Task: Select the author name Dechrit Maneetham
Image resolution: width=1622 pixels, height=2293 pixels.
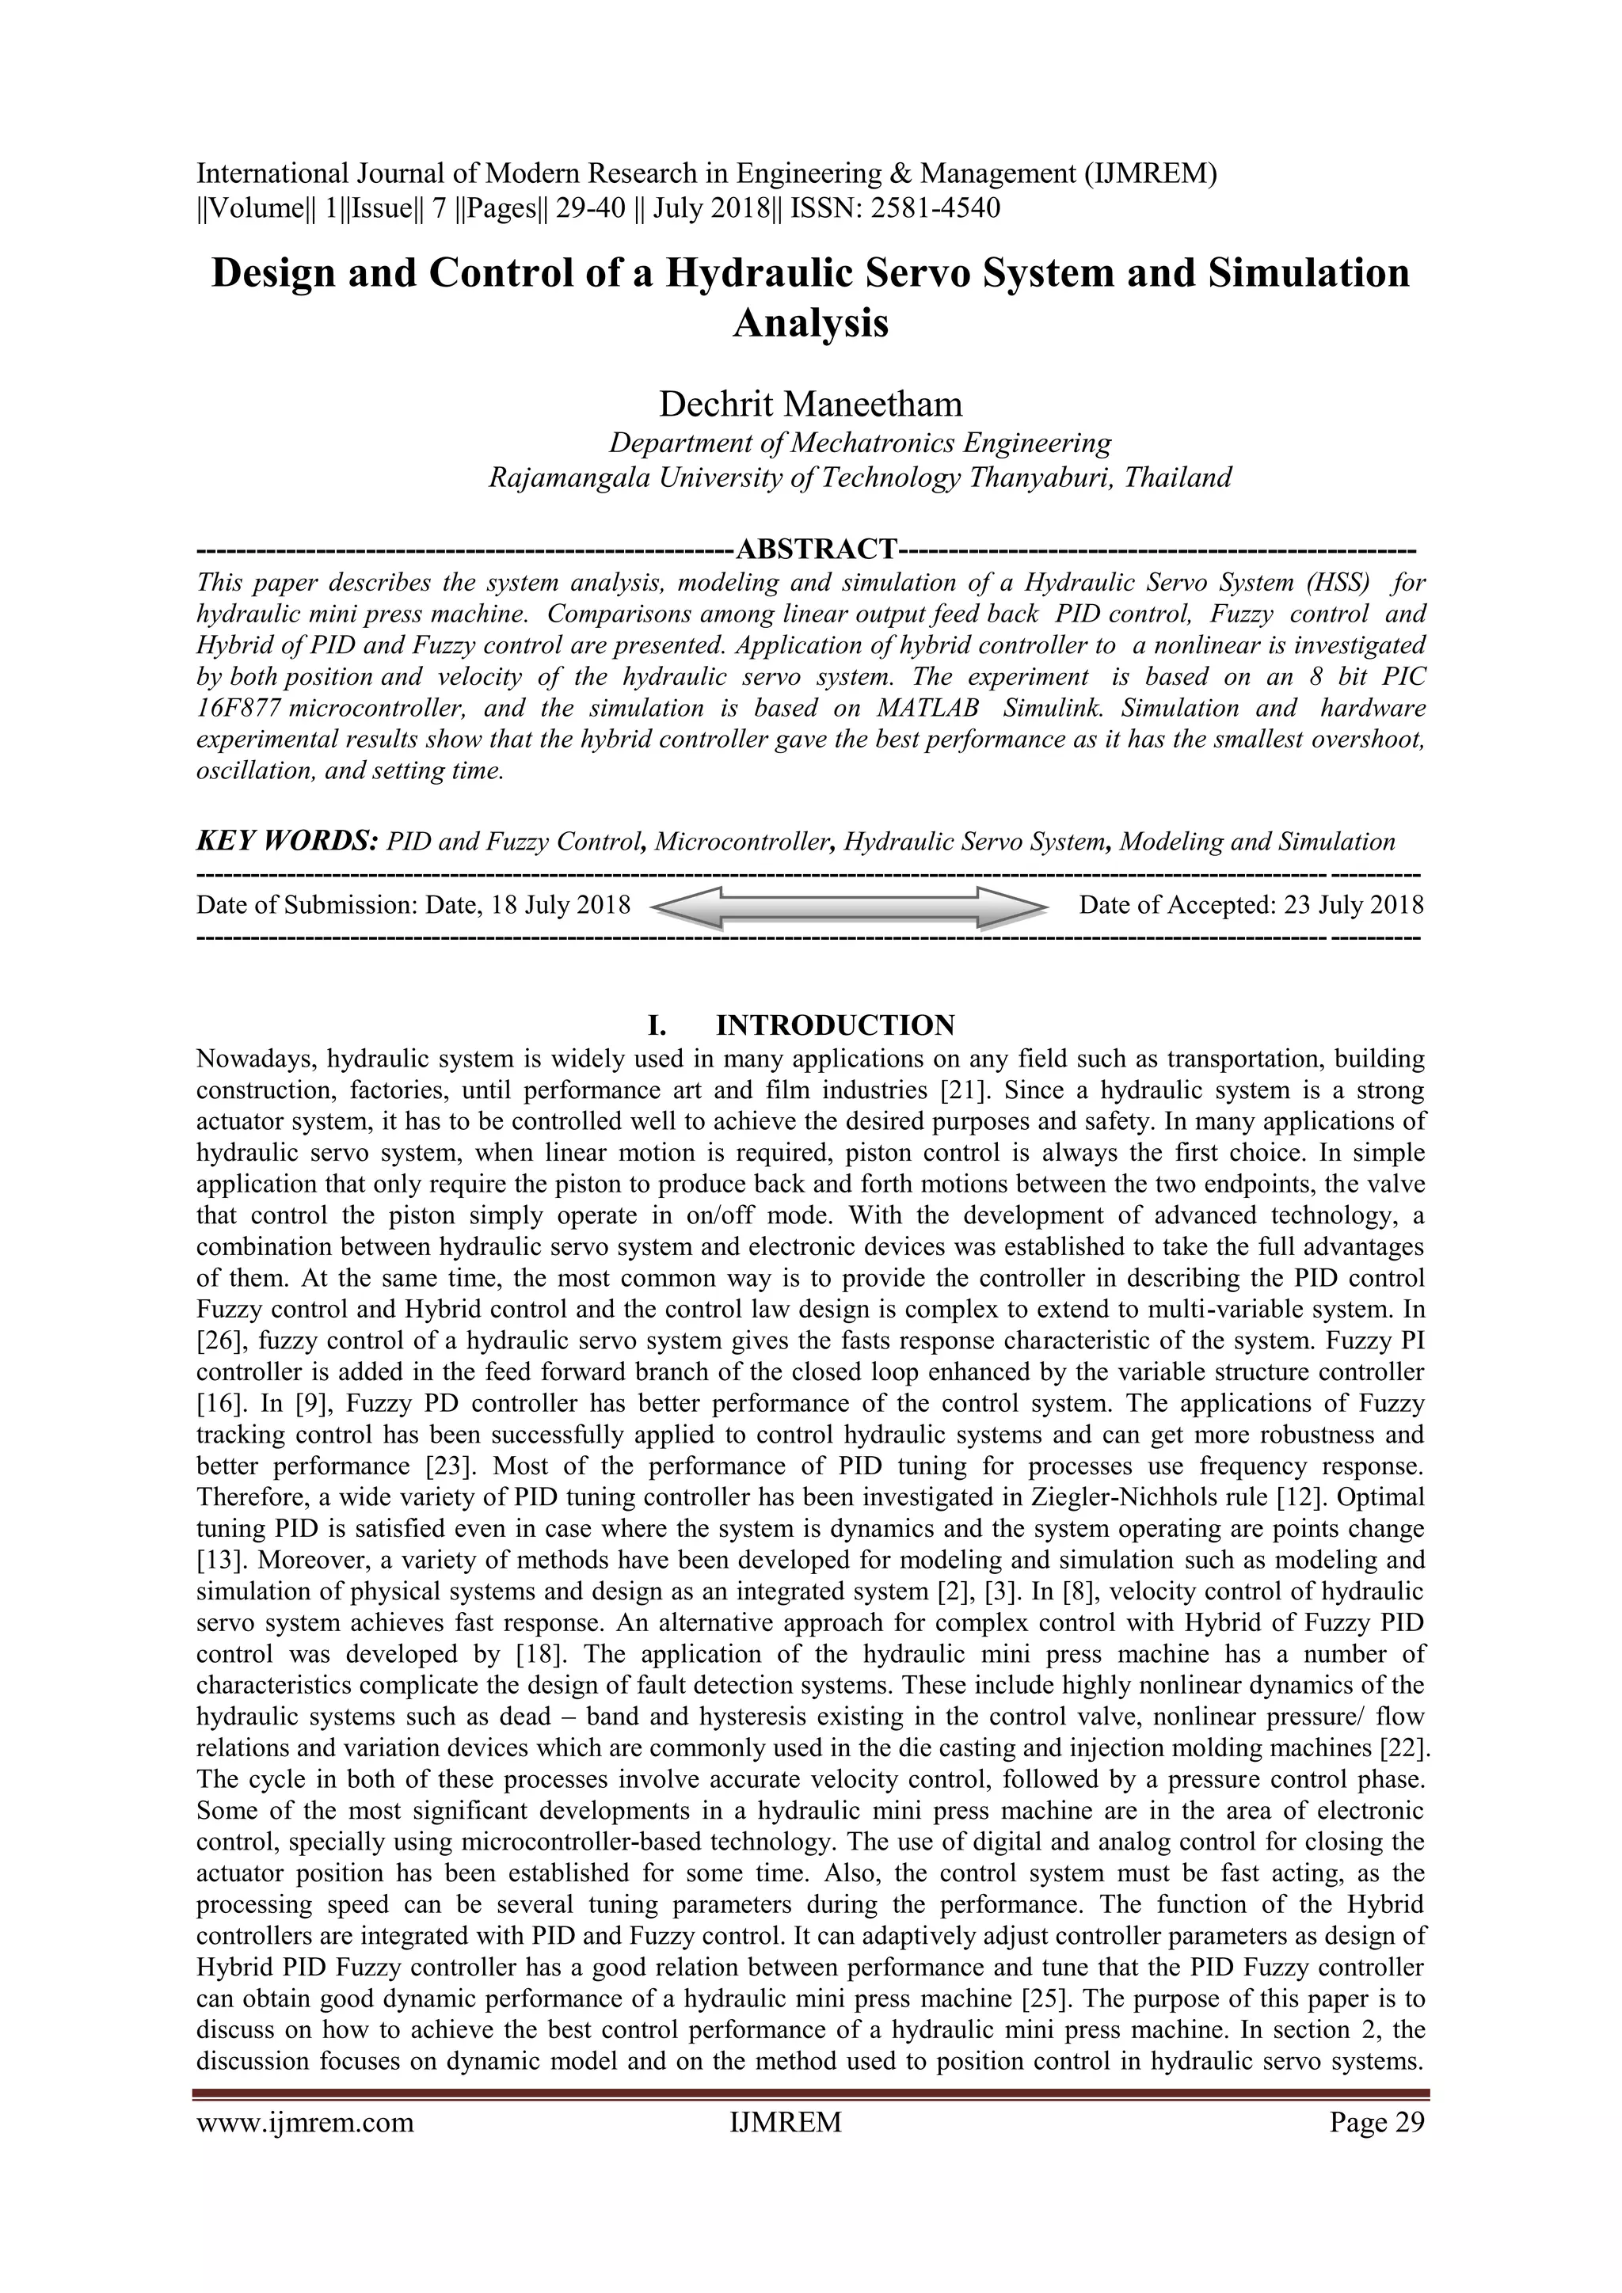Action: coord(810,404)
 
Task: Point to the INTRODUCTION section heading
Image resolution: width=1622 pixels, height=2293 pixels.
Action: coord(835,1025)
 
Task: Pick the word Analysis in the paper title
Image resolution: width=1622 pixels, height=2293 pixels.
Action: coord(810,324)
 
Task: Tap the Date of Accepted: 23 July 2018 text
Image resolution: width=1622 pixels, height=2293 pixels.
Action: coord(1251,906)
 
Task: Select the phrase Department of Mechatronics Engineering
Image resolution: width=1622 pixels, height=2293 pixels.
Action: coord(860,442)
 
